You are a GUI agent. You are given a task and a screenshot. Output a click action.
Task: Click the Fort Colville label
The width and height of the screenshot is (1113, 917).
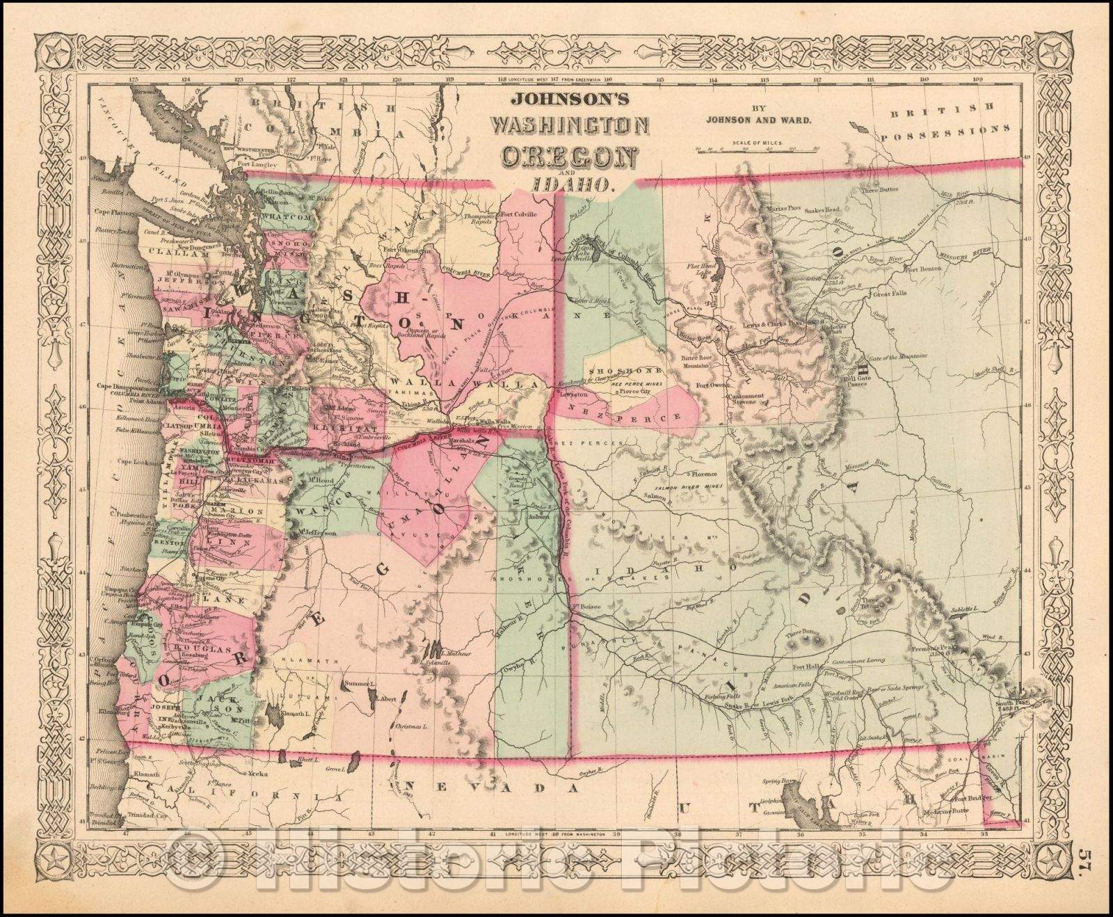pos(518,214)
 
